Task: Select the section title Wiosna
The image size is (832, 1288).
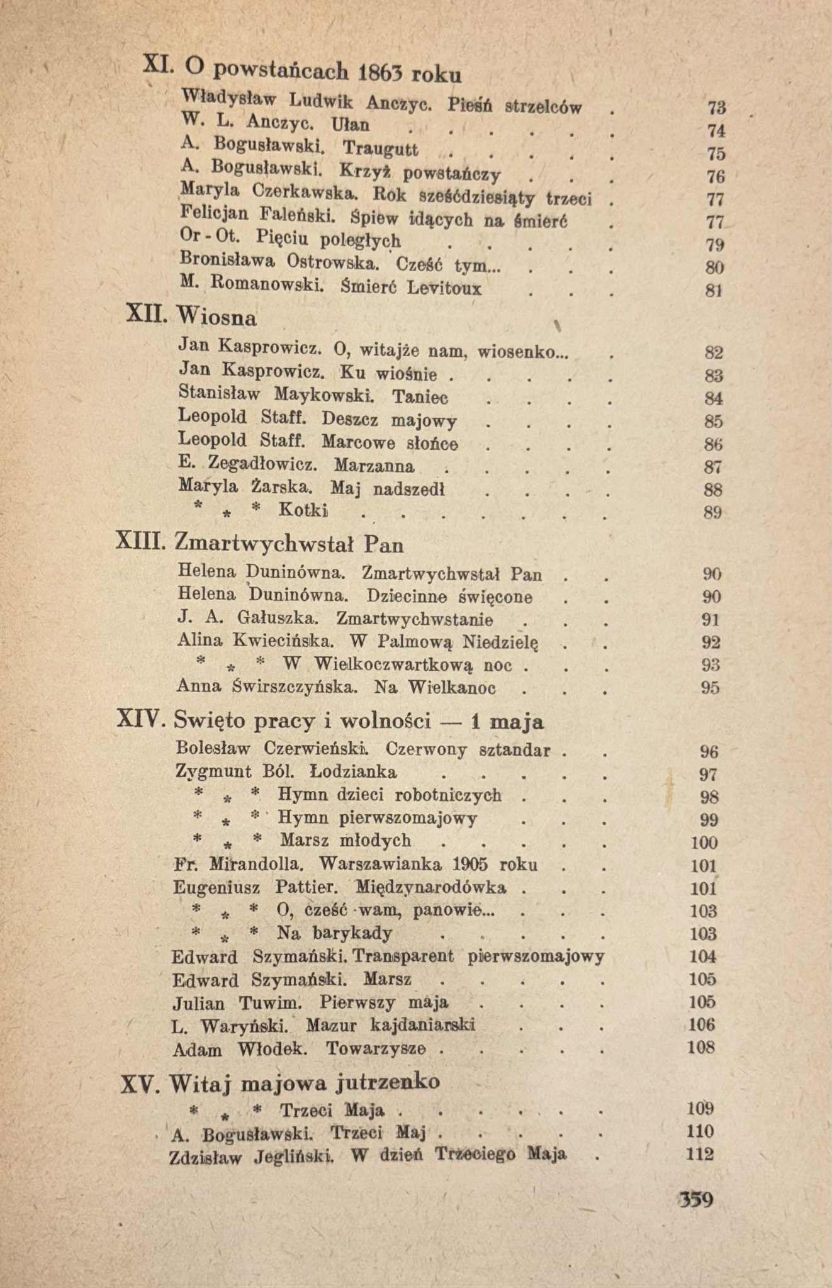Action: pos(217,317)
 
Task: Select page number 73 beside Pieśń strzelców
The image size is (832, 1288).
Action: pos(717,108)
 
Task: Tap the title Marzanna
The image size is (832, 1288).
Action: pos(374,466)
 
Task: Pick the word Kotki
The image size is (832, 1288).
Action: pos(303,510)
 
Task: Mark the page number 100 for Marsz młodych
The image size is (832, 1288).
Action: pos(704,843)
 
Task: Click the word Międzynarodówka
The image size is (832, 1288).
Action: pos(430,888)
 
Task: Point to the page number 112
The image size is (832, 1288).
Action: pos(700,1154)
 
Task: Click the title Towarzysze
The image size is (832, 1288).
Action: pos(376,1049)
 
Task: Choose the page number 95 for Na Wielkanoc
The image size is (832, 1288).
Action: pos(710,688)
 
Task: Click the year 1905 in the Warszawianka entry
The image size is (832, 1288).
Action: pos(451,865)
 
